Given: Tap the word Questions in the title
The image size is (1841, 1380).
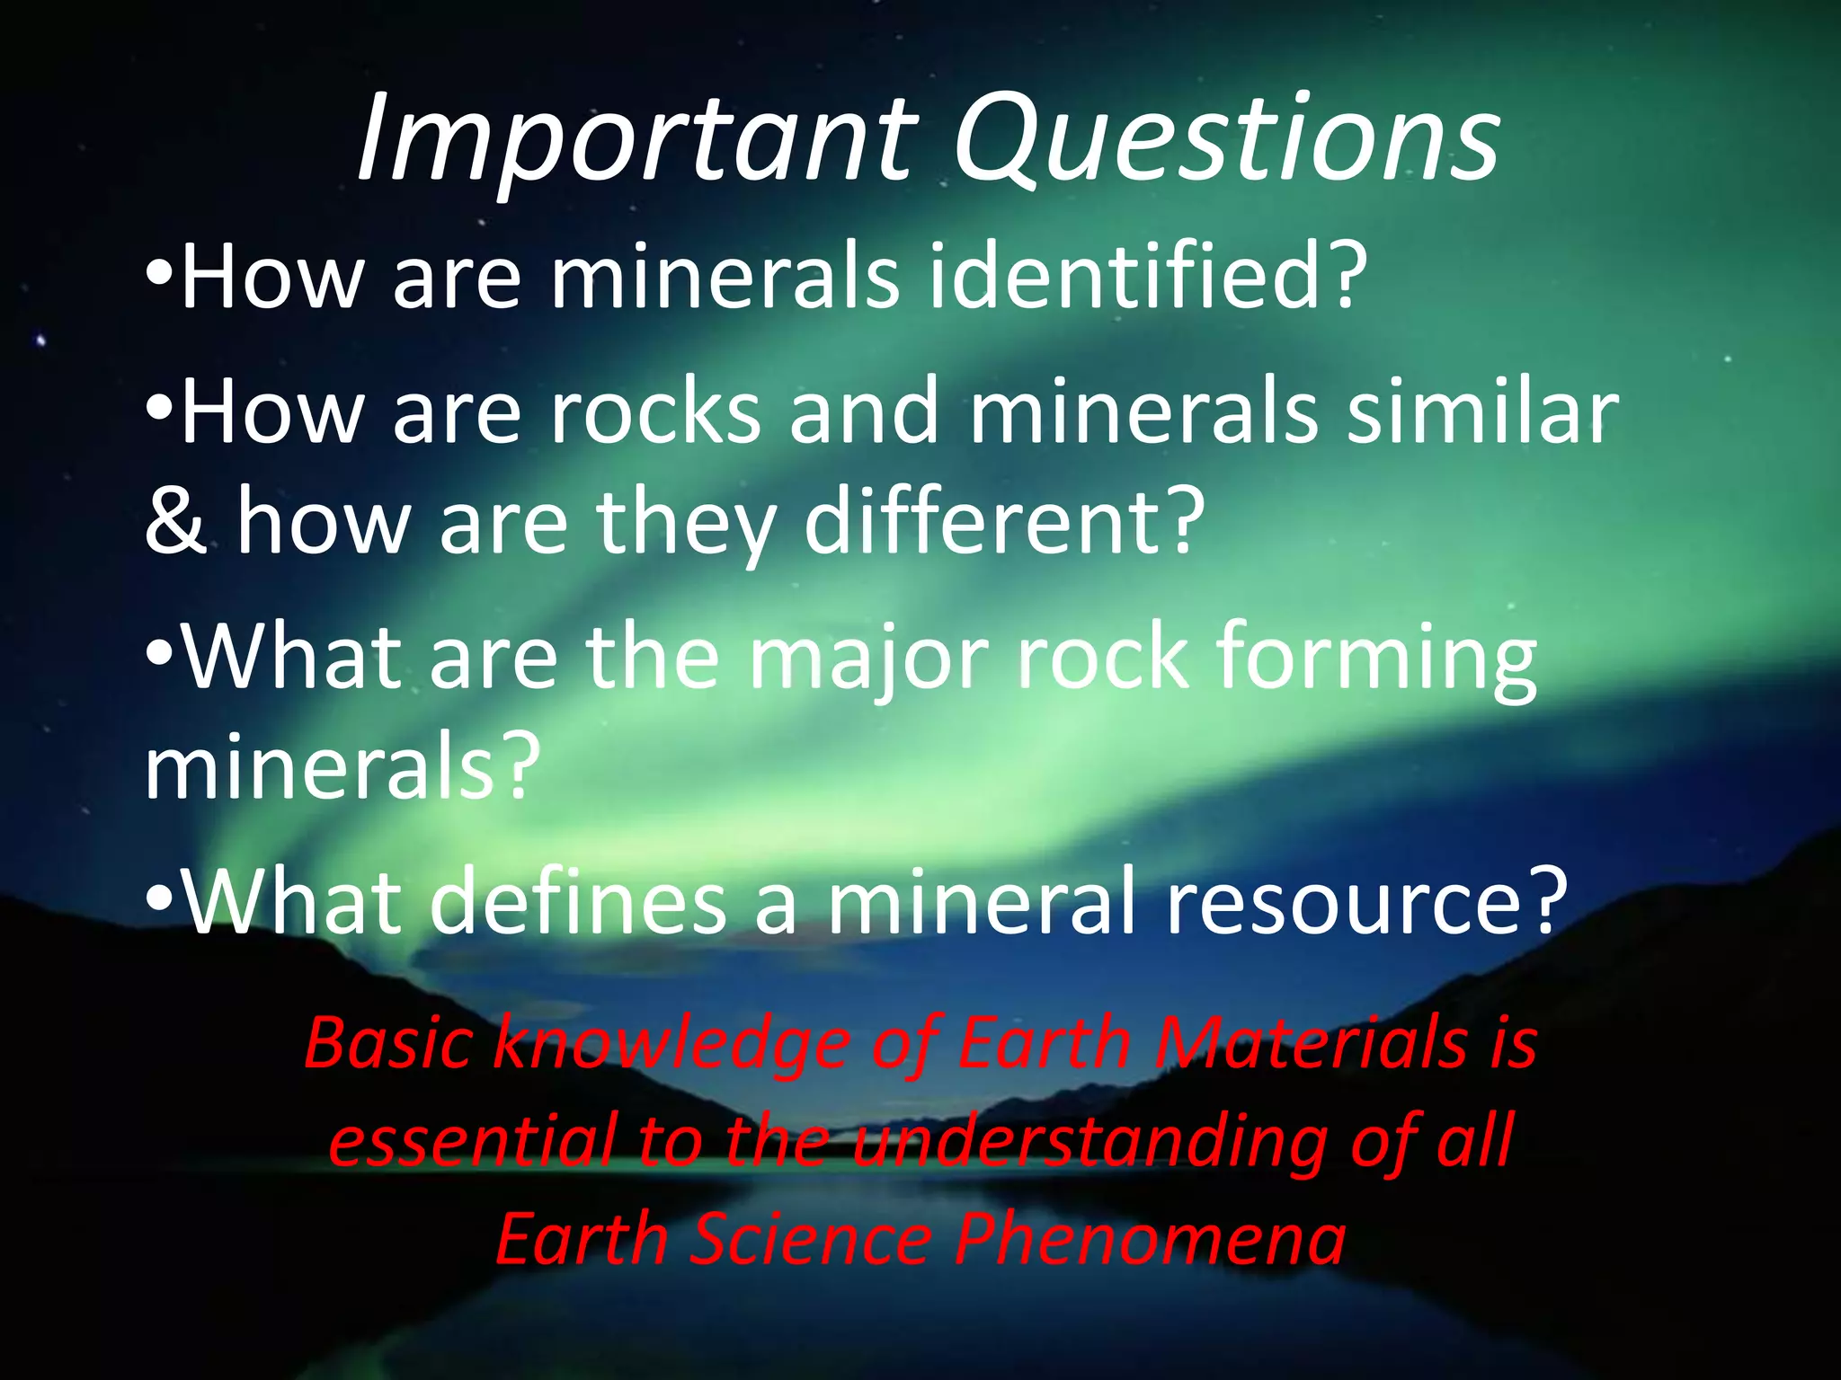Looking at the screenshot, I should click(x=1224, y=139).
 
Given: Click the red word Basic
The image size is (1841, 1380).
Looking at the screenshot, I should click(x=388, y=1043).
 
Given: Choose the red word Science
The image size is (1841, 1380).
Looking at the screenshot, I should click(x=812, y=1238).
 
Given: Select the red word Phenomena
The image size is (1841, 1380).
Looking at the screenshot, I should click(x=1151, y=1238).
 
